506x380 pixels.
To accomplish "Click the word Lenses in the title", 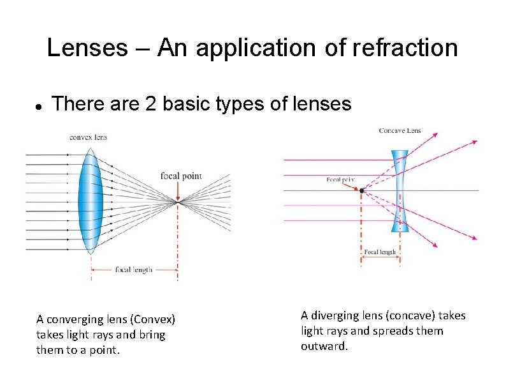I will click(x=87, y=48).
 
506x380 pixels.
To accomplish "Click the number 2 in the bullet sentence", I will click(x=150, y=103).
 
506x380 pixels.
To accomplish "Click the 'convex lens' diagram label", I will click(x=88, y=137).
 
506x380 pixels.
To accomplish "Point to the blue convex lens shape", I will click(x=90, y=200).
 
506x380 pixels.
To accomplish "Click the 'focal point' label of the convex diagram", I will click(x=181, y=176).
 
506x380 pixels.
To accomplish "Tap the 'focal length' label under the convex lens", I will click(x=133, y=270).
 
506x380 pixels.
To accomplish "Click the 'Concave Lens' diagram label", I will click(x=400, y=131).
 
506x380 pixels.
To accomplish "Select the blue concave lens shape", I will click(x=400, y=192).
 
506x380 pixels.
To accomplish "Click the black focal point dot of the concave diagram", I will click(x=361, y=190).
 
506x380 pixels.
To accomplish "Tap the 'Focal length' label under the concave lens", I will click(x=380, y=252).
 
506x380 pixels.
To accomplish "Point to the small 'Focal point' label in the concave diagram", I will click(x=341, y=179).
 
